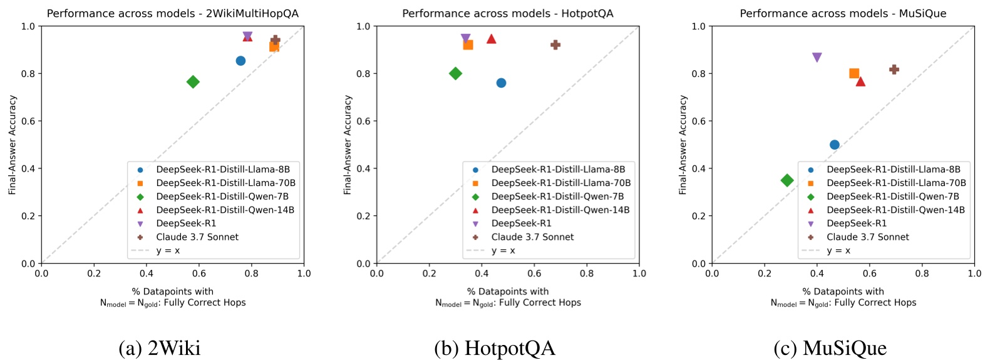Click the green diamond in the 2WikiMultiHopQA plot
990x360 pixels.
click(193, 82)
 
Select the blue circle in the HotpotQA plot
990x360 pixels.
click(501, 83)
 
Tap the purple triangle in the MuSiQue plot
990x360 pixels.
click(817, 58)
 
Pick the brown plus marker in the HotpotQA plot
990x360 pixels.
click(555, 44)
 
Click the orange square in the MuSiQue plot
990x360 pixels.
click(853, 73)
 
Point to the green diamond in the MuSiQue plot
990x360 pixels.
click(787, 180)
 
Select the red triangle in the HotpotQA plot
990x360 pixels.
click(492, 39)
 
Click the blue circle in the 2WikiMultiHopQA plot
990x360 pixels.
click(240, 61)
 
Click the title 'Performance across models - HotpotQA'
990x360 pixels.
click(507, 13)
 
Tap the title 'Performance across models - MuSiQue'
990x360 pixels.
click(843, 13)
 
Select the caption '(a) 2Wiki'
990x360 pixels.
click(160, 347)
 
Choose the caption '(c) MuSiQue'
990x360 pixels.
click(830, 347)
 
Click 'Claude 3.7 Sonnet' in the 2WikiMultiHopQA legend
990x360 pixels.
click(197, 237)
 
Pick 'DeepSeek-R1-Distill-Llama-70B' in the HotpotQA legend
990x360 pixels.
click(560, 183)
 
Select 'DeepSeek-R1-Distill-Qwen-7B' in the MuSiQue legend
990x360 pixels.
click(892, 197)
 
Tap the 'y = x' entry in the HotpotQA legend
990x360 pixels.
click(503, 250)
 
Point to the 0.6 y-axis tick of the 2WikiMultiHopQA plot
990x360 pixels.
click(28, 121)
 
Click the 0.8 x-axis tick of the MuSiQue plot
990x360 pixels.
click(922, 273)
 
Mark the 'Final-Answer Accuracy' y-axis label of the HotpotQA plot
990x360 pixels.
click(348, 145)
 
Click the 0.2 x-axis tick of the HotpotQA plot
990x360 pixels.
click(429, 273)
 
